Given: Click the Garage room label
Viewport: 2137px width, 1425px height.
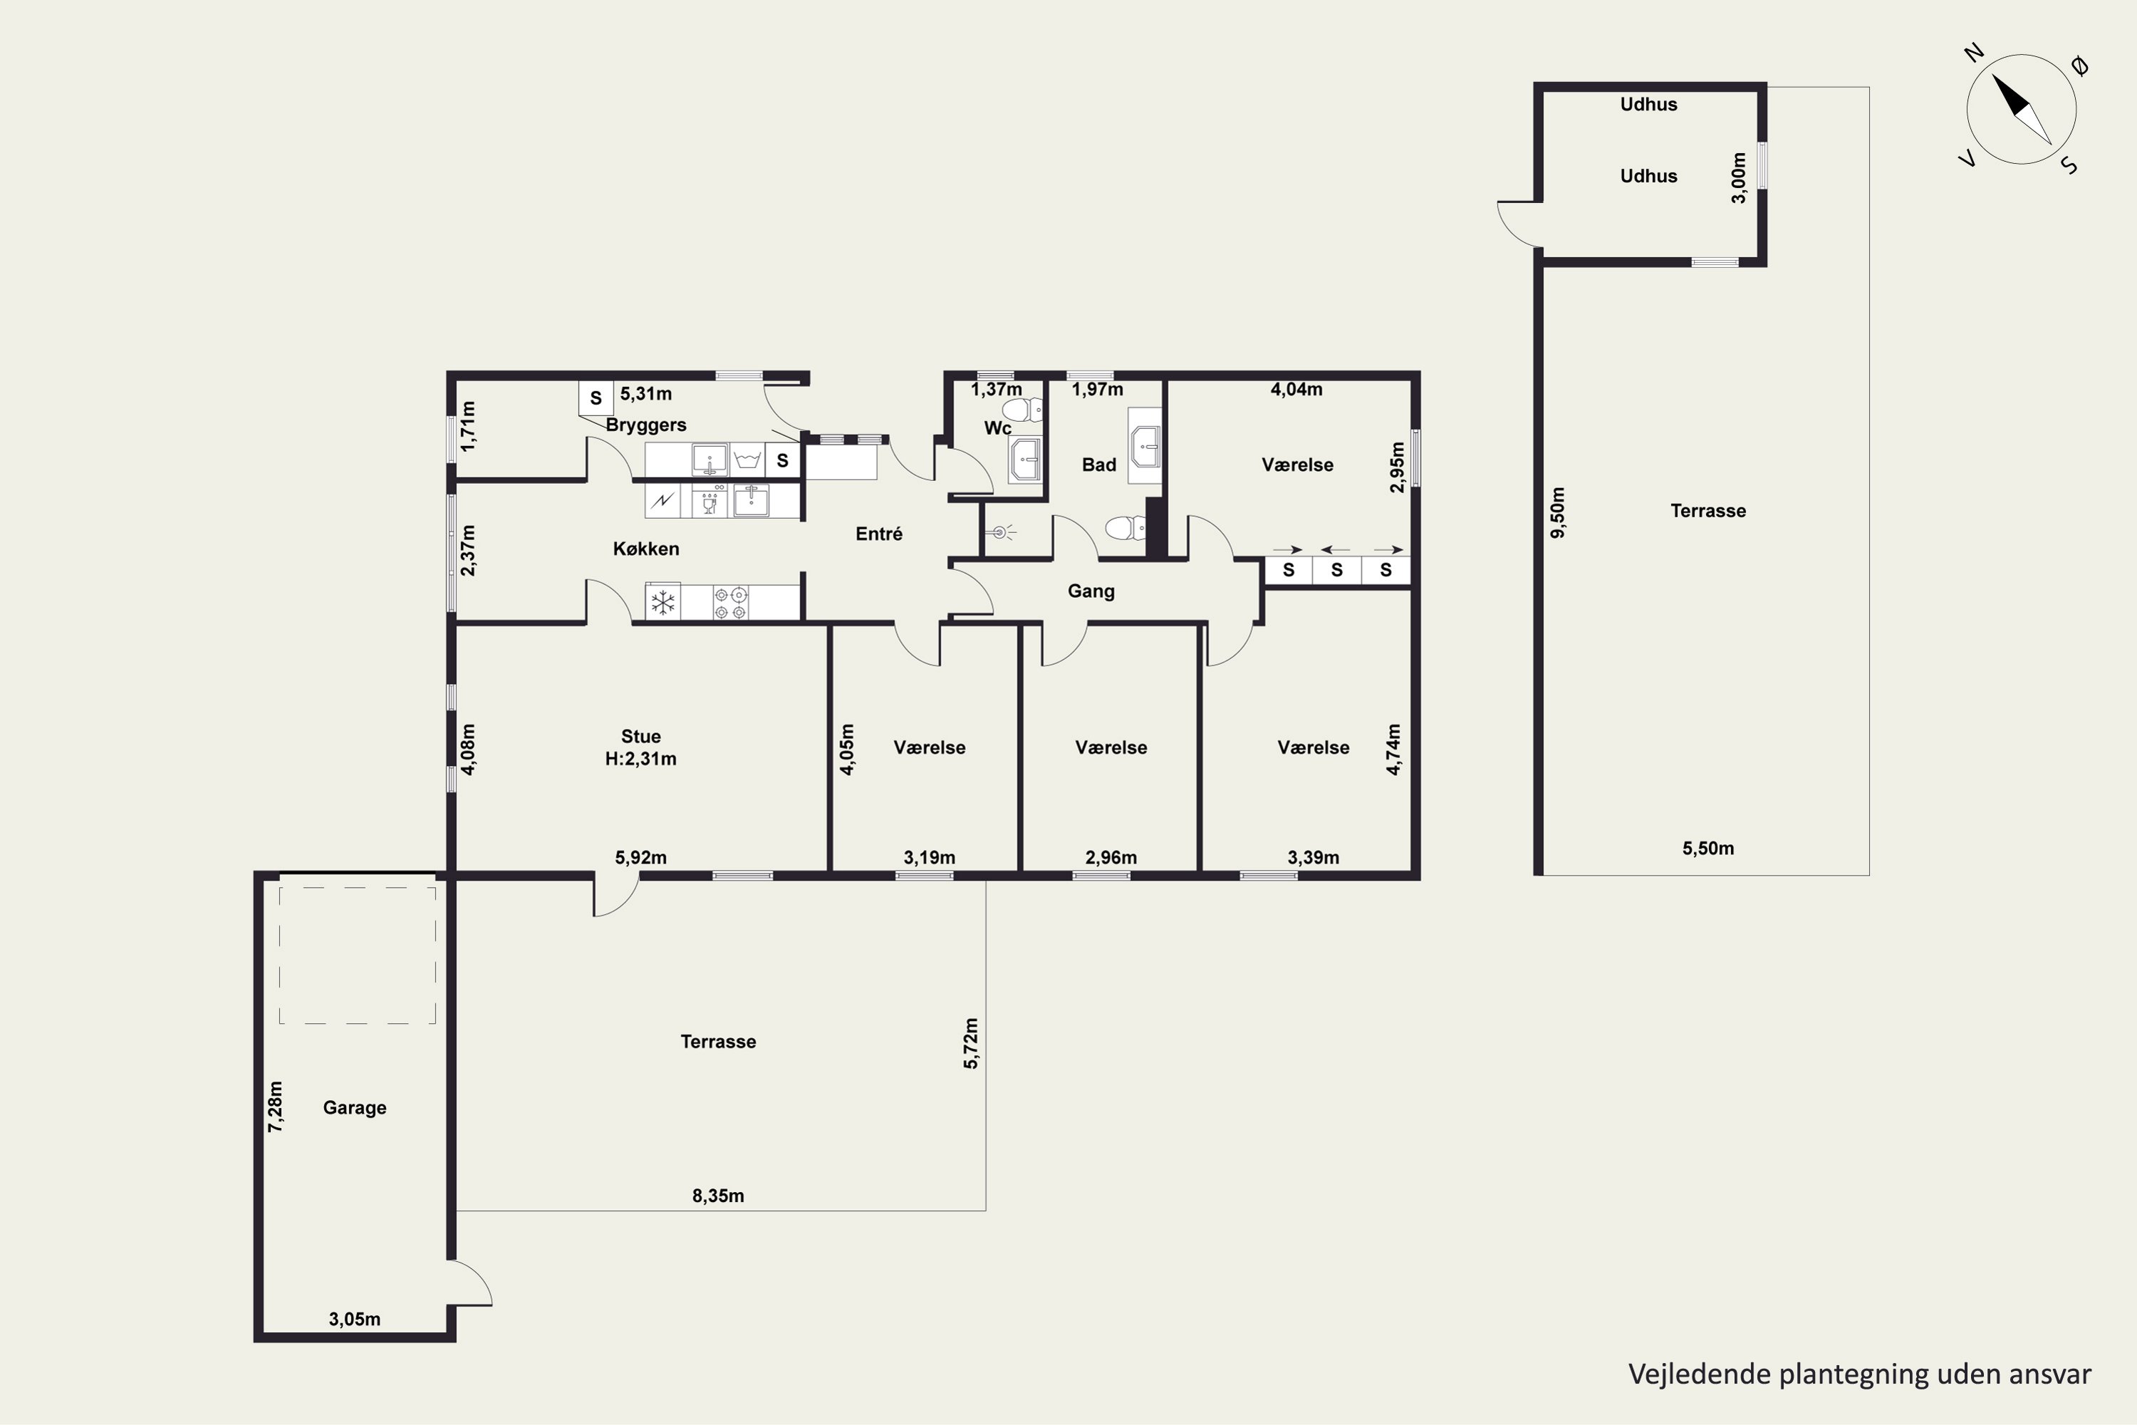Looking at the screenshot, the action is coord(354,1108).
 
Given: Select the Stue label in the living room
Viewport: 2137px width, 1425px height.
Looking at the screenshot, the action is coord(640,736).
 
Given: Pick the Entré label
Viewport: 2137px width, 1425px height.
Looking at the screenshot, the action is coord(878,534).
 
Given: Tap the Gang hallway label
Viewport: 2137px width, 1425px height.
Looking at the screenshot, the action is coord(1091,591).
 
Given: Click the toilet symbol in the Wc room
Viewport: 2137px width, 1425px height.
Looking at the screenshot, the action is coord(1025,410).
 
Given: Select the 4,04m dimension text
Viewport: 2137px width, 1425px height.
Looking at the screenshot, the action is coord(1296,390).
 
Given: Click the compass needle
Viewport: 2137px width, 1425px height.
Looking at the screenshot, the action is coord(2022,109).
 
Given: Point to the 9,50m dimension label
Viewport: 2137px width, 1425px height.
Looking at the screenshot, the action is coord(1557,512).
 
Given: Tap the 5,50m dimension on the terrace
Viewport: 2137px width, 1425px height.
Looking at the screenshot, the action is coord(1708,849).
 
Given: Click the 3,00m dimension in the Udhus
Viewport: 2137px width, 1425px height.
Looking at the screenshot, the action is coord(1738,178).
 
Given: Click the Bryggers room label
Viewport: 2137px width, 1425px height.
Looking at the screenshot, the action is coord(646,425).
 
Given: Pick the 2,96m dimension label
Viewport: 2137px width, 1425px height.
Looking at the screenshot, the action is coord(1111,858).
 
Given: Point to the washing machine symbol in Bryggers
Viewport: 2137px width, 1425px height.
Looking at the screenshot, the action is coord(747,460).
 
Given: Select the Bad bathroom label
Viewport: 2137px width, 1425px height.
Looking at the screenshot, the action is coord(1098,465).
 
